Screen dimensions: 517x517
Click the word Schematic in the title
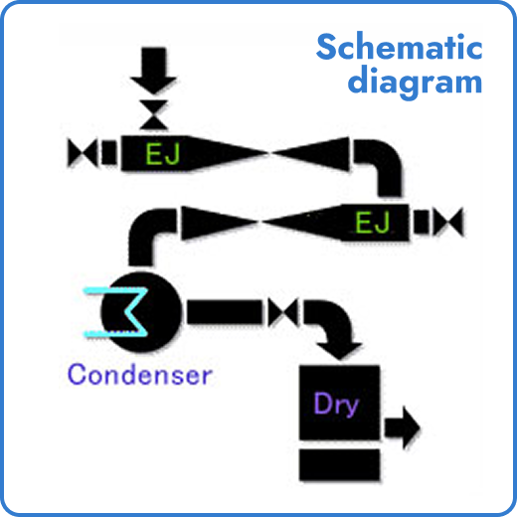tap(400, 48)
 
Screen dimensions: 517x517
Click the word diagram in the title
tap(415, 82)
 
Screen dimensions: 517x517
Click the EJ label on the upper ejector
tap(160, 154)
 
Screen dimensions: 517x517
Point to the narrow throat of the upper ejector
tap(270, 154)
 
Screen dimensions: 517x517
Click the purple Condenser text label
tap(139, 375)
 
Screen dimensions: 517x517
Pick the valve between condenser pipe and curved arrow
tap(286, 311)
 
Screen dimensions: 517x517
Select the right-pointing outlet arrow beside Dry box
tap(402, 427)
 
